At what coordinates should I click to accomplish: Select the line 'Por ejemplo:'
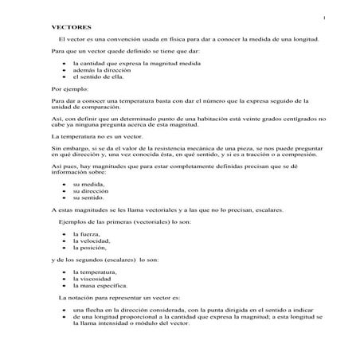click(66, 89)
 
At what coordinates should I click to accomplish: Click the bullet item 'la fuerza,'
click(85, 234)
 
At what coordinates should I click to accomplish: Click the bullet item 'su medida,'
click(86, 184)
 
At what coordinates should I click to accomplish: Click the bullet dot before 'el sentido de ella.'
click(63, 76)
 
